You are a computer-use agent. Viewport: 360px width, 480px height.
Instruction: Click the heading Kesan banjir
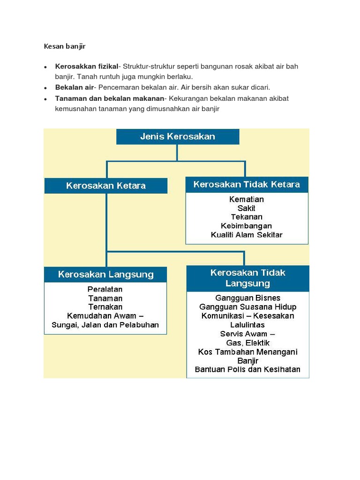point(65,46)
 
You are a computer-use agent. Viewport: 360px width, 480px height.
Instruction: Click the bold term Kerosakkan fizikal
point(86,67)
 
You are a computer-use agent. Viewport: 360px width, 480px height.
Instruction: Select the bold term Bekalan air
point(75,87)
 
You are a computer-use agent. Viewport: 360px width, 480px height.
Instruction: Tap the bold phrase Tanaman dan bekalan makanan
point(110,98)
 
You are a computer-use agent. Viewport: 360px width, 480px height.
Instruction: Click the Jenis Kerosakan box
point(178,137)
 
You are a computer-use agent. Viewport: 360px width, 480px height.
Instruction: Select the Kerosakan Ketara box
point(106,186)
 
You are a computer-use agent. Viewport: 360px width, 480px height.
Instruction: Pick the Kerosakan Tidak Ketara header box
point(247,184)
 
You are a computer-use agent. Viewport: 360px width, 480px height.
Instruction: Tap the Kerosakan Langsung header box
point(105,275)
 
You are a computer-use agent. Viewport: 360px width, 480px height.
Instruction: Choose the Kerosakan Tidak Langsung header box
point(248,278)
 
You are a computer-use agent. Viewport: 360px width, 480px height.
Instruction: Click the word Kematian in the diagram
point(247,199)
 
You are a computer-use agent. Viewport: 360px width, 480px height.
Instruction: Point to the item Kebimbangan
point(247,226)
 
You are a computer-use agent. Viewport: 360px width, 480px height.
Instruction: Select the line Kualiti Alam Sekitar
point(247,235)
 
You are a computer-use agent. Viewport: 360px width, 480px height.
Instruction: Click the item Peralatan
point(105,289)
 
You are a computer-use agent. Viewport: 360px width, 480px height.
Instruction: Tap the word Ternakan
point(105,307)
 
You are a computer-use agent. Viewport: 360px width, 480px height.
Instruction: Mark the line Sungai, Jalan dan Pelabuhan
point(105,325)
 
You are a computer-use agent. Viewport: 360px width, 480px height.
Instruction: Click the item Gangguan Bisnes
point(248,298)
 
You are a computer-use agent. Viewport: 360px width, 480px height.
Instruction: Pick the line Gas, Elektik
point(248,343)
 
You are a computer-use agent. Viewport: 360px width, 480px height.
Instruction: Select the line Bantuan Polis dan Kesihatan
point(248,369)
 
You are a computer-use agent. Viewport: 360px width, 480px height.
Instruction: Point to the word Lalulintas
point(248,325)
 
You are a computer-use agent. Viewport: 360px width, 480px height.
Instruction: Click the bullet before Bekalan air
point(46,88)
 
